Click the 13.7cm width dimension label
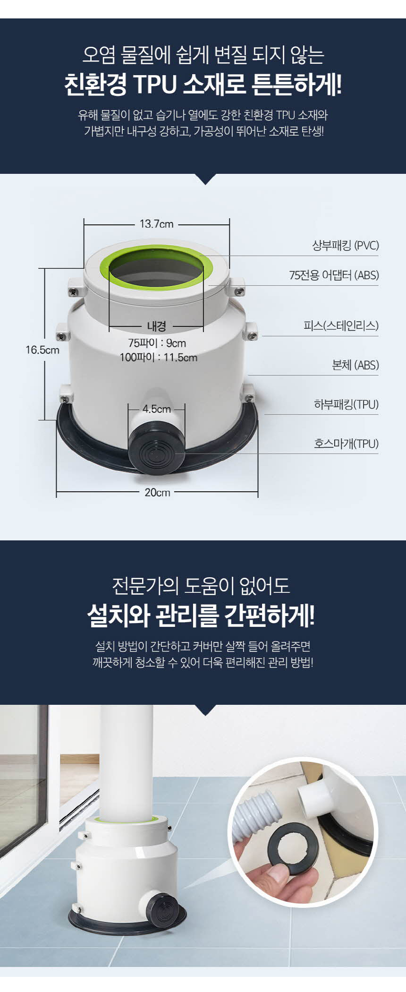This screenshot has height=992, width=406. [x=156, y=224]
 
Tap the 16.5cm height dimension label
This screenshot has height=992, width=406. [x=42, y=350]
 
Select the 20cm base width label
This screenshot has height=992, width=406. [x=157, y=492]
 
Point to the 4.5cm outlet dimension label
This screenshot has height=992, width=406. [x=157, y=409]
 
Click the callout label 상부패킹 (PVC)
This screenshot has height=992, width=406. [x=346, y=246]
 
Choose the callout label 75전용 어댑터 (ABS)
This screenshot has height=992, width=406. [x=334, y=275]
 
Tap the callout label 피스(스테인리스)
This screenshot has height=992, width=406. [x=341, y=325]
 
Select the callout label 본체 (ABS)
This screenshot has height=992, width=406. [x=355, y=365]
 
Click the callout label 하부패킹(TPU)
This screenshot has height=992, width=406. [x=347, y=404]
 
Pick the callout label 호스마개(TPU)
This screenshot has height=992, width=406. [x=347, y=444]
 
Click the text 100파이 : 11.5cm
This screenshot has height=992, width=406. [x=158, y=357]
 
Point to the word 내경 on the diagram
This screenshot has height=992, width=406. [x=156, y=326]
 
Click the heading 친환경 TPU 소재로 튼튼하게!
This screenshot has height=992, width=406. [x=203, y=85]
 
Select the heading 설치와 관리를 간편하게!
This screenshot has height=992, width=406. [x=201, y=616]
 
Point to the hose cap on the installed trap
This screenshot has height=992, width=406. [x=162, y=910]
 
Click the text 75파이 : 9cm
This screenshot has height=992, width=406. [x=157, y=343]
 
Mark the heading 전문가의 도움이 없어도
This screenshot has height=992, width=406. [x=201, y=586]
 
